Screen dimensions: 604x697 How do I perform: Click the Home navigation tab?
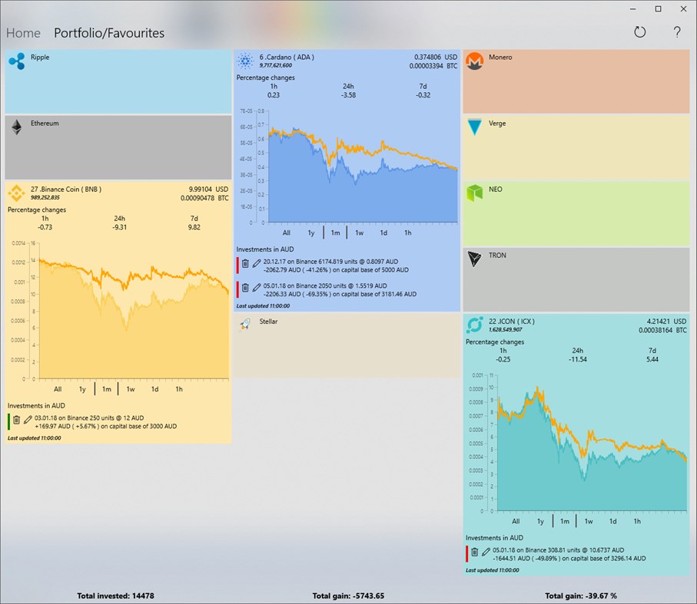[x=23, y=33]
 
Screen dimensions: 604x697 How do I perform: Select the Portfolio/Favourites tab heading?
[x=109, y=33]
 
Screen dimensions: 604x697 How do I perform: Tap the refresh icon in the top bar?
[x=640, y=32]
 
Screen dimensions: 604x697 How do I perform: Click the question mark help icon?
[x=677, y=32]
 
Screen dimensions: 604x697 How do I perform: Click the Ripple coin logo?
[x=17, y=61]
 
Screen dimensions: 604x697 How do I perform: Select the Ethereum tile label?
[x=45, y=124]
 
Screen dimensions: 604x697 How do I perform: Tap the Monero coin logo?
[x=475, y=61]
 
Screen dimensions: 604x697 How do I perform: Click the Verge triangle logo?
[x=475, y=127]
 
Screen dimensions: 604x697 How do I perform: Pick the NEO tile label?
[x=495, y=190]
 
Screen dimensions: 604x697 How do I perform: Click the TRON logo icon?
[x=475, y=259]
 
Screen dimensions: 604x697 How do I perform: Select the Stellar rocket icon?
[x=245, y=325]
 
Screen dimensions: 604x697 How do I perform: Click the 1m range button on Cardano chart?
[x=335, y=233]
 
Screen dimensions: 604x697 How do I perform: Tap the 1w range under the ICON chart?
[x=589, y=521]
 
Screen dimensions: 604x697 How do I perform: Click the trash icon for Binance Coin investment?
[x=16, y=420]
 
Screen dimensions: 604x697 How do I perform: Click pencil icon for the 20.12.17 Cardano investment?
[x=256, y=263]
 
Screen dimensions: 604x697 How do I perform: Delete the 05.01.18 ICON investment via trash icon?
[x=474, y=552]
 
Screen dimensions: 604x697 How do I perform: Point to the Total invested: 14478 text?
[x=115, y=596]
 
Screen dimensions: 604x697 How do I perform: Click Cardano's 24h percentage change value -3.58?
[x=348, y=95]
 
